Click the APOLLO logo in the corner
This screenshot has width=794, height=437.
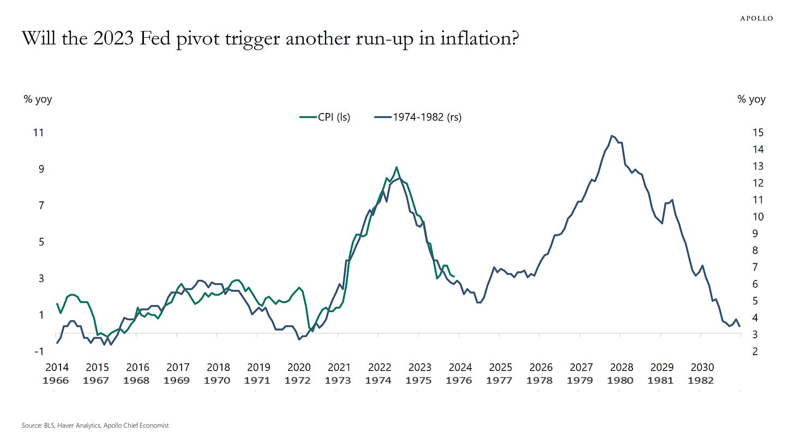(x=756, y=18)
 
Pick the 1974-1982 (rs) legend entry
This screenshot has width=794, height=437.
(x=418, y=117)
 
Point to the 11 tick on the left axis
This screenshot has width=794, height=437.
(x=38, y=133)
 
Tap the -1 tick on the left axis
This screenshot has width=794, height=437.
(x=38, y=351)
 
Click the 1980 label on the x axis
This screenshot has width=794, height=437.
(x=621, y=380)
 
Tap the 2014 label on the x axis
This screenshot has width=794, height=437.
(x=56, y=367)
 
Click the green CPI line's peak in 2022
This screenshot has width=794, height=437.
(x=396, y=167)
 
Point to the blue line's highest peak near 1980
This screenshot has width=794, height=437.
(x=612, y=135)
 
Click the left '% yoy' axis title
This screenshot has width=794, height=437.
(x=38, y=99)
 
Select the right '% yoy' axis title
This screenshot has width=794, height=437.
(x=751, y=99)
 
